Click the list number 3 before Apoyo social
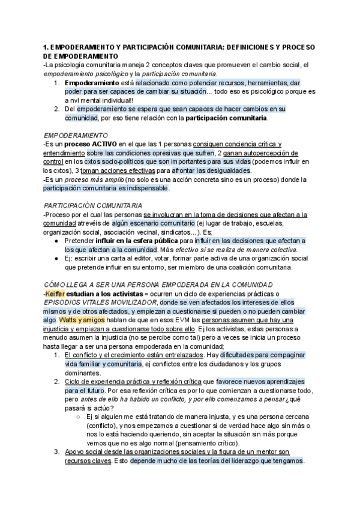56,452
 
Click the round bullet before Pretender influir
56,241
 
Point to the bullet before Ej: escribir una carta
56,259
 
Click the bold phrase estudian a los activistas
102,294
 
